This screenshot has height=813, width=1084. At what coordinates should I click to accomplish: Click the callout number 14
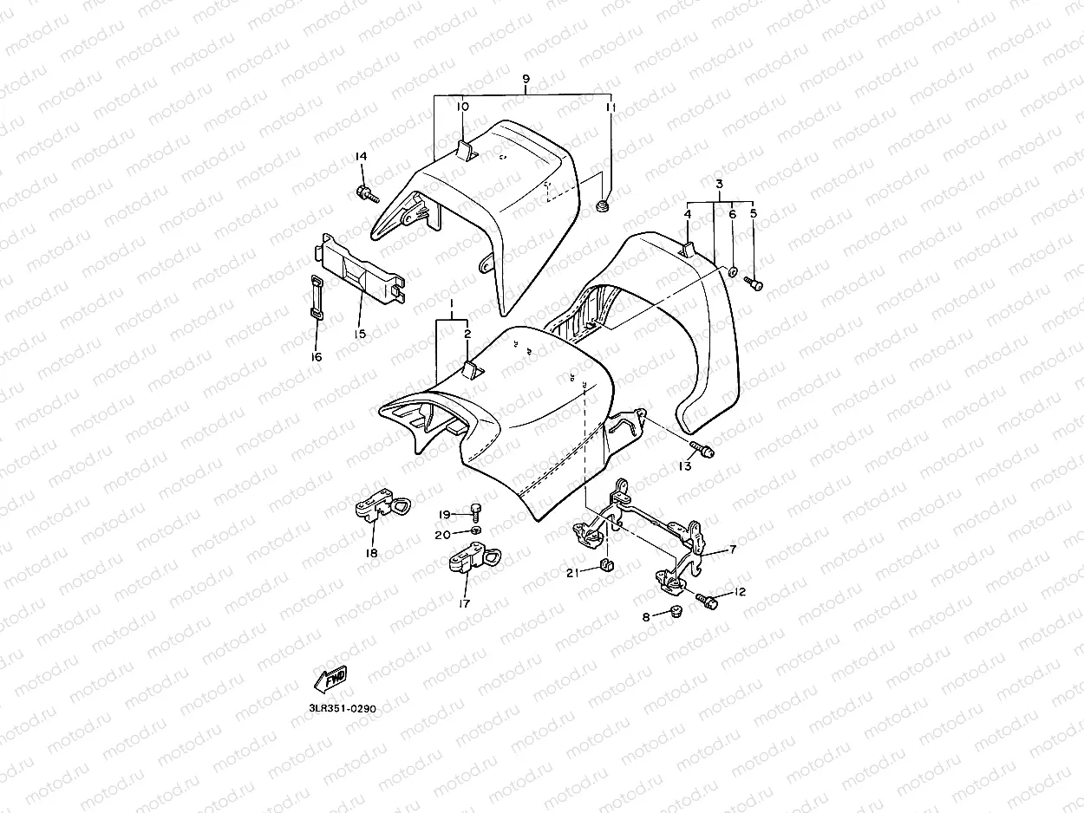click(361, 156)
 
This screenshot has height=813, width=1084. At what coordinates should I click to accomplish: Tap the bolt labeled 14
click(365, 192)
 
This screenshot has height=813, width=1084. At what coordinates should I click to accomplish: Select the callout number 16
click(316, 357)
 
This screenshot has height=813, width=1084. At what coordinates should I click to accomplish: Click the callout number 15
click(360, 334)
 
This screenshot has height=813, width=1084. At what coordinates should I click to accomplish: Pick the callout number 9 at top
click(526, 79)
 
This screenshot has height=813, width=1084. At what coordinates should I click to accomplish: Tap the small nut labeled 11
click(602, 206)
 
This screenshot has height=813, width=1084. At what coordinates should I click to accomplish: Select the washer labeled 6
click(733, 272)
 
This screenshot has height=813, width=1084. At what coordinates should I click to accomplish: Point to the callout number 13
click(685, 466)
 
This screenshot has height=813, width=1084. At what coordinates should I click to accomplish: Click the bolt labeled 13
click(702, 450)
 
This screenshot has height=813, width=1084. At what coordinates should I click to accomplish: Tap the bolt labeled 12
click(707, 600)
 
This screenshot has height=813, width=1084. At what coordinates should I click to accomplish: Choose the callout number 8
click(646, 617)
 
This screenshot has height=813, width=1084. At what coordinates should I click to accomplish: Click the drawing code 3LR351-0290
click(343, 708)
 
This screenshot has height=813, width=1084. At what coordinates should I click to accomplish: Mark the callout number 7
click(733, 550)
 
